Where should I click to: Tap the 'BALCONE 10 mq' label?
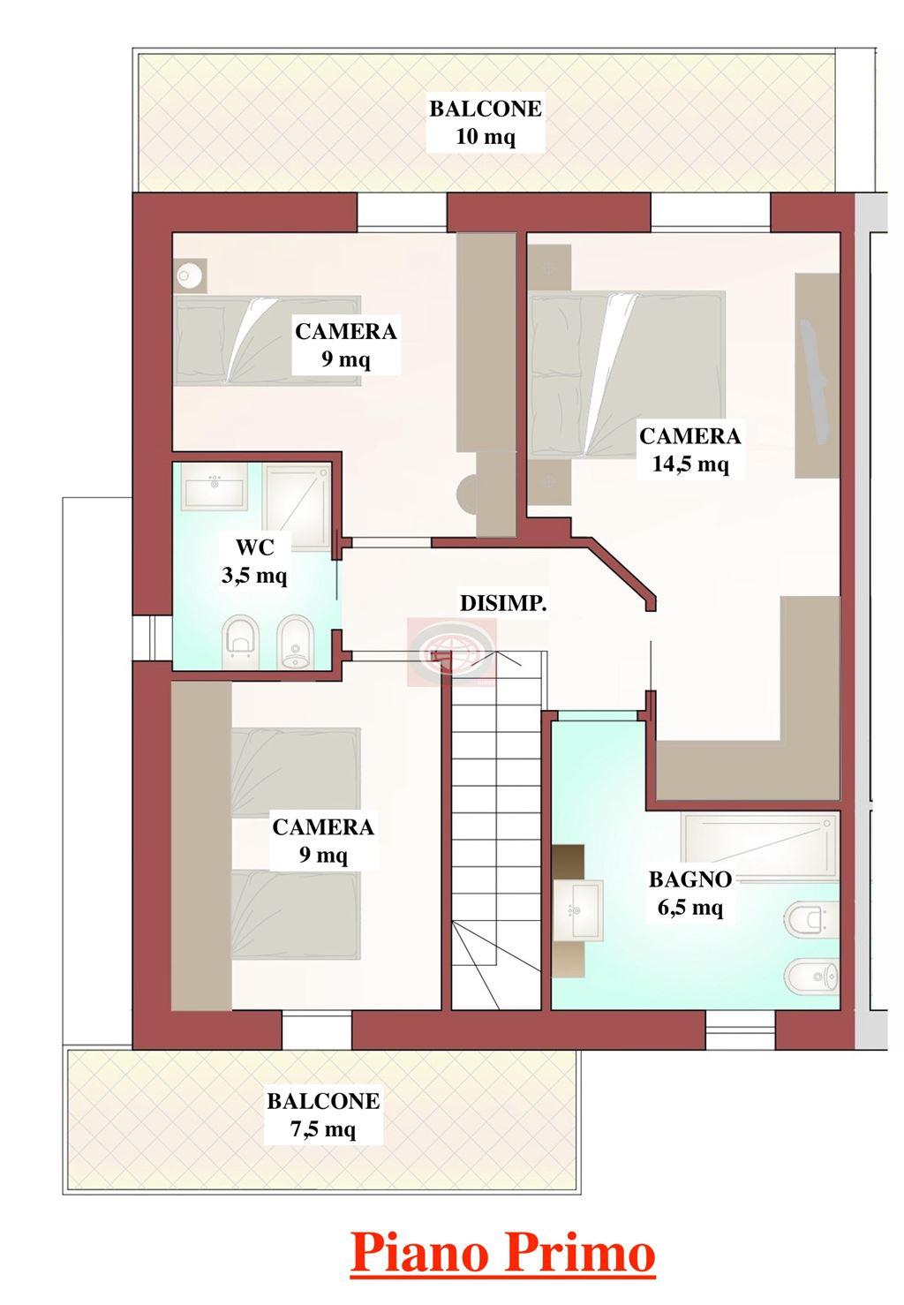[x=486, y=123]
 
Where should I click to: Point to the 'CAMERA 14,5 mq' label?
[x=689, y=449]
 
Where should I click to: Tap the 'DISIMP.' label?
[x=503, y=604]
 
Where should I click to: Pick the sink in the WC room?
[x=215, y=484]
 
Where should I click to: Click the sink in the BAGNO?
[x=577, y=909]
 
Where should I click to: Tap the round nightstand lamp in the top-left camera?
[x=190, y=275]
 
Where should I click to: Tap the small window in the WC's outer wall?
[x=153, y=637]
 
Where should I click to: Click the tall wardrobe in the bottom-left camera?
[x=201, y=845]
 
